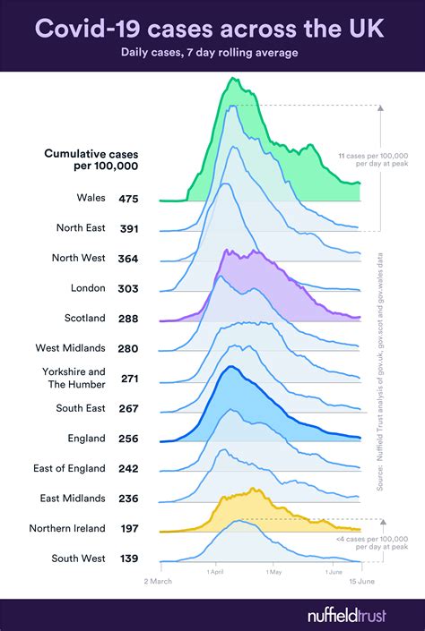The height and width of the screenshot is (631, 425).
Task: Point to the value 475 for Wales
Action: pyautogui.click(x=129, y=198)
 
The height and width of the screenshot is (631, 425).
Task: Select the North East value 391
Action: pyautogui.click(x=129, y=228)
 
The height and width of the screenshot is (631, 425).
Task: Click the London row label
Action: pyautogui.click(x=88, y=288)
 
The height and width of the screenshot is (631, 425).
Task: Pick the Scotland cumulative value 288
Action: pyautogui.click(x=129, y=318)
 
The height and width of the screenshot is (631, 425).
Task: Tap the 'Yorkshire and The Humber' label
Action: pyautogui.click(x=74, y=378)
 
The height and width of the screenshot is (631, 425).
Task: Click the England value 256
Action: pyautogui.click(x=129, y=439)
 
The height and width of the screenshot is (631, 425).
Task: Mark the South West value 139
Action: pyautogui.click(x=129, y=559)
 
